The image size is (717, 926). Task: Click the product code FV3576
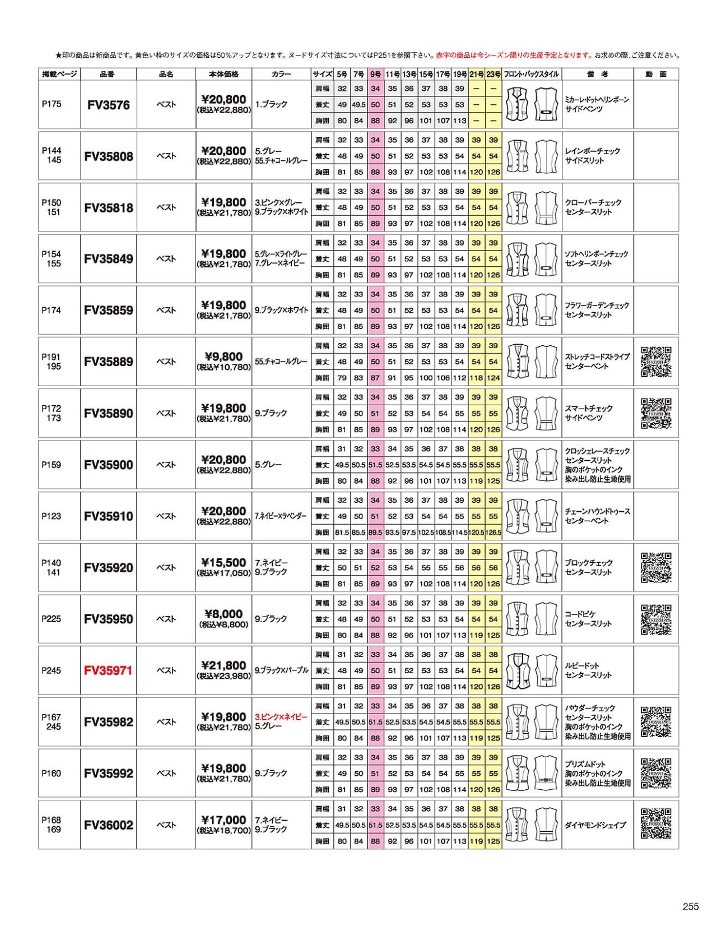pyautogui.click(x=108, y=105)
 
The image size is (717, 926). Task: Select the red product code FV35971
pyautogui.click(x=108, y=670)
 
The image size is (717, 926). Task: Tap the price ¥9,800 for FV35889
pyautogui.click(x=224, y=357)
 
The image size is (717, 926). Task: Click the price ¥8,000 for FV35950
pyautogui.click(x=224, y=614)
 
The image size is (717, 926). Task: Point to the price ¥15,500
pyautogui.click(x=224, y=563)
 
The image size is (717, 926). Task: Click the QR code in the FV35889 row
pyautogui.click(x=656, y=362)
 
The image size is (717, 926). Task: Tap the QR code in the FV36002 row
pyautogui.click(x=656, y=824)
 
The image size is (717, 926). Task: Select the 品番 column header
pyautogui.click(x=107, y=74)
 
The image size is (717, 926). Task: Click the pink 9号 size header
pyautogui.click(x=375, y=74)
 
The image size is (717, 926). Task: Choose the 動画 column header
pyautogui.click(x=655, y=74)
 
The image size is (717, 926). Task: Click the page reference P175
pyautogui.click(x=52, y=104)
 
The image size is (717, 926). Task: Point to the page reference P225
pyautogui.click(x=52, y=619)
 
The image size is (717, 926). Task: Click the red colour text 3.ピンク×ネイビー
pyautogui.click(x=281, y=717)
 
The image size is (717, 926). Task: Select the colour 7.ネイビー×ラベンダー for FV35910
pyautogui.click(x=281, y=516)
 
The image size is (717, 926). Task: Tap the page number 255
pyautogui.click(x=691, y=906)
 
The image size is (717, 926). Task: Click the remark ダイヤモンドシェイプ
pyautogui.click(x=595, y=825)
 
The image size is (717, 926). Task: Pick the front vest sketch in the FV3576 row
pyautogui.click(x=517, y=105)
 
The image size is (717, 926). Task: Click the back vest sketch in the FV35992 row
pyautogui.click(x=545, y=773)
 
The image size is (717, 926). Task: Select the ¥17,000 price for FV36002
pyautogui.click(x=224, y=820)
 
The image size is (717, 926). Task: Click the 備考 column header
pyautogui.click(x=598, y=74)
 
